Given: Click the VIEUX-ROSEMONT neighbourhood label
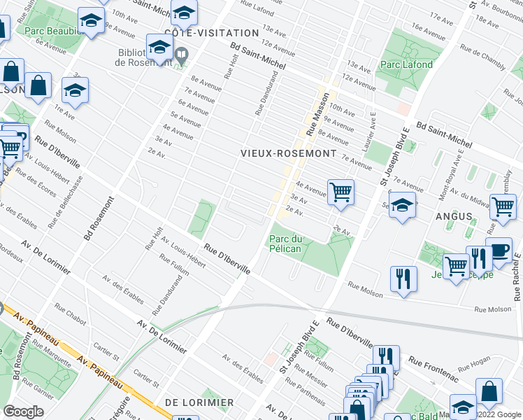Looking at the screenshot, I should [288, 153].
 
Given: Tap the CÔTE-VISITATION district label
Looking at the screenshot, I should [201, 33].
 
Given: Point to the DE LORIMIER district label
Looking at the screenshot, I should [199, 402].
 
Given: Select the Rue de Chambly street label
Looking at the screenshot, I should [485, 57].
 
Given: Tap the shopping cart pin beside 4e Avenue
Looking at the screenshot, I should [341, 192].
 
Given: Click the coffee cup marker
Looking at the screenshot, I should [499, 252].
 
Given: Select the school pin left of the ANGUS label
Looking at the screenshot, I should [402, 206].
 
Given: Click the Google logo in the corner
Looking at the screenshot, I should [23, 412].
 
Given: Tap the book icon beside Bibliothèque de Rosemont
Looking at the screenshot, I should [181, 53].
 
